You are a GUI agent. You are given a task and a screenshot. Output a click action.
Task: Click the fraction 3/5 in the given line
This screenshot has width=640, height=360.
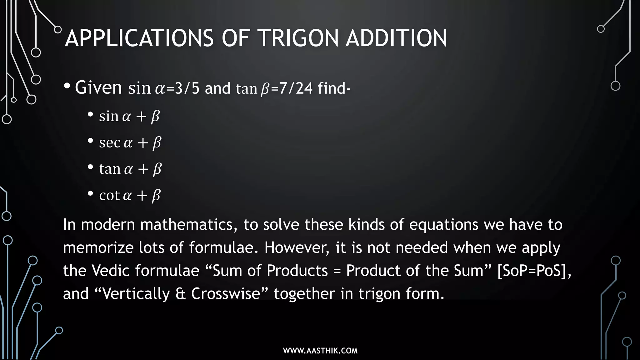[187, 88]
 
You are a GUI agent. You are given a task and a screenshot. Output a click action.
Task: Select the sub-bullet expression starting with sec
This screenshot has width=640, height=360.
[130, 143]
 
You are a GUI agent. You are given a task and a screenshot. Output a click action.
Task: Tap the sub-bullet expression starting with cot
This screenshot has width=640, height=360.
[130, 196]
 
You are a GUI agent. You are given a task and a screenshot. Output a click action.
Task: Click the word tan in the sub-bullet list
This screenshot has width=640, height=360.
[110, 169]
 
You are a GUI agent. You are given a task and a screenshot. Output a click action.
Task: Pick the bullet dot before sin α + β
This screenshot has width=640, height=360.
[91, 114]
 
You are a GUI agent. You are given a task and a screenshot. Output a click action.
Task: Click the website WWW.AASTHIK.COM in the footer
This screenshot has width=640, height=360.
[320, 351]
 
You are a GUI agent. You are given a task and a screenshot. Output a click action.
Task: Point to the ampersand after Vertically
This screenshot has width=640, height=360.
[181, 294]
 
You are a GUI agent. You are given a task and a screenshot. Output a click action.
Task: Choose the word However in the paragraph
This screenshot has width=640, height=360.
[297, 248]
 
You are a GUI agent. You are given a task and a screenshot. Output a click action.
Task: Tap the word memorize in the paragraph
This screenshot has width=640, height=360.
[98, 248]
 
